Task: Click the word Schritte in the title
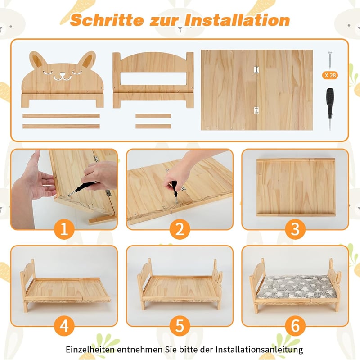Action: [x=107, y=20]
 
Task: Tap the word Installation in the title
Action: [x=238, y=20]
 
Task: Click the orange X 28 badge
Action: [x=330, y=75]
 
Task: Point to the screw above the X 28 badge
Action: [x=330, y=60]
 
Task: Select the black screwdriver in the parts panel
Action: [x=330, y=109]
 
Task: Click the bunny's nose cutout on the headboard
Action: [x=62, y=74]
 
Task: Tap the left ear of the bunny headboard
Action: [x=38, y=60]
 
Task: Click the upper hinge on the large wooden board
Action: [x=256, y=70]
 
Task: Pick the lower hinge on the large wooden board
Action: [x=256, y=110]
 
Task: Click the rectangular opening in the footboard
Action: [x=153, y=78]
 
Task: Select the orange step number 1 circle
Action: [x=64, y=229]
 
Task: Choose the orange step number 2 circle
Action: [x=180, y=229]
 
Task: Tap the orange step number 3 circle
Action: [x=295, y=229]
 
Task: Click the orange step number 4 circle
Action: [x=64, y=326]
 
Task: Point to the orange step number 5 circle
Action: [x=180, y=326]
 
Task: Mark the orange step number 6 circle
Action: [x=295, y=326]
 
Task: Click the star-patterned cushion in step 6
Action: [x=296, y=287]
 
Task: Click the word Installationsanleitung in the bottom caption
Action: [x=259, y=350]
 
